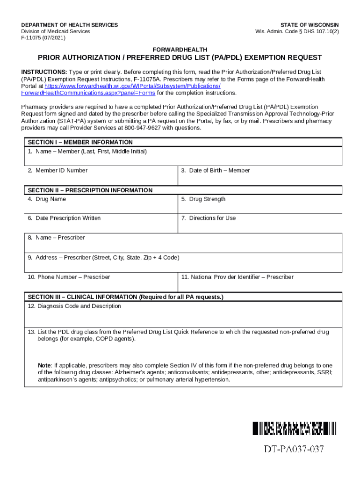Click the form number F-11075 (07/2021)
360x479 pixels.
click(43, 38)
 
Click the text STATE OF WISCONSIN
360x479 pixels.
click(310, 25)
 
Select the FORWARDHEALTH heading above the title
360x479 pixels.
click(180, 50)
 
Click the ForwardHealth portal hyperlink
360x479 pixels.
click(132, 86)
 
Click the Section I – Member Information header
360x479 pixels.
click(80, 142)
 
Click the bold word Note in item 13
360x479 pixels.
click(44, 365)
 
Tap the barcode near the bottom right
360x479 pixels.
click(295, 428)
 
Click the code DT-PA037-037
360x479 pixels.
click(294, 450)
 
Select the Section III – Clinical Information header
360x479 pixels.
click(125, 297)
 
